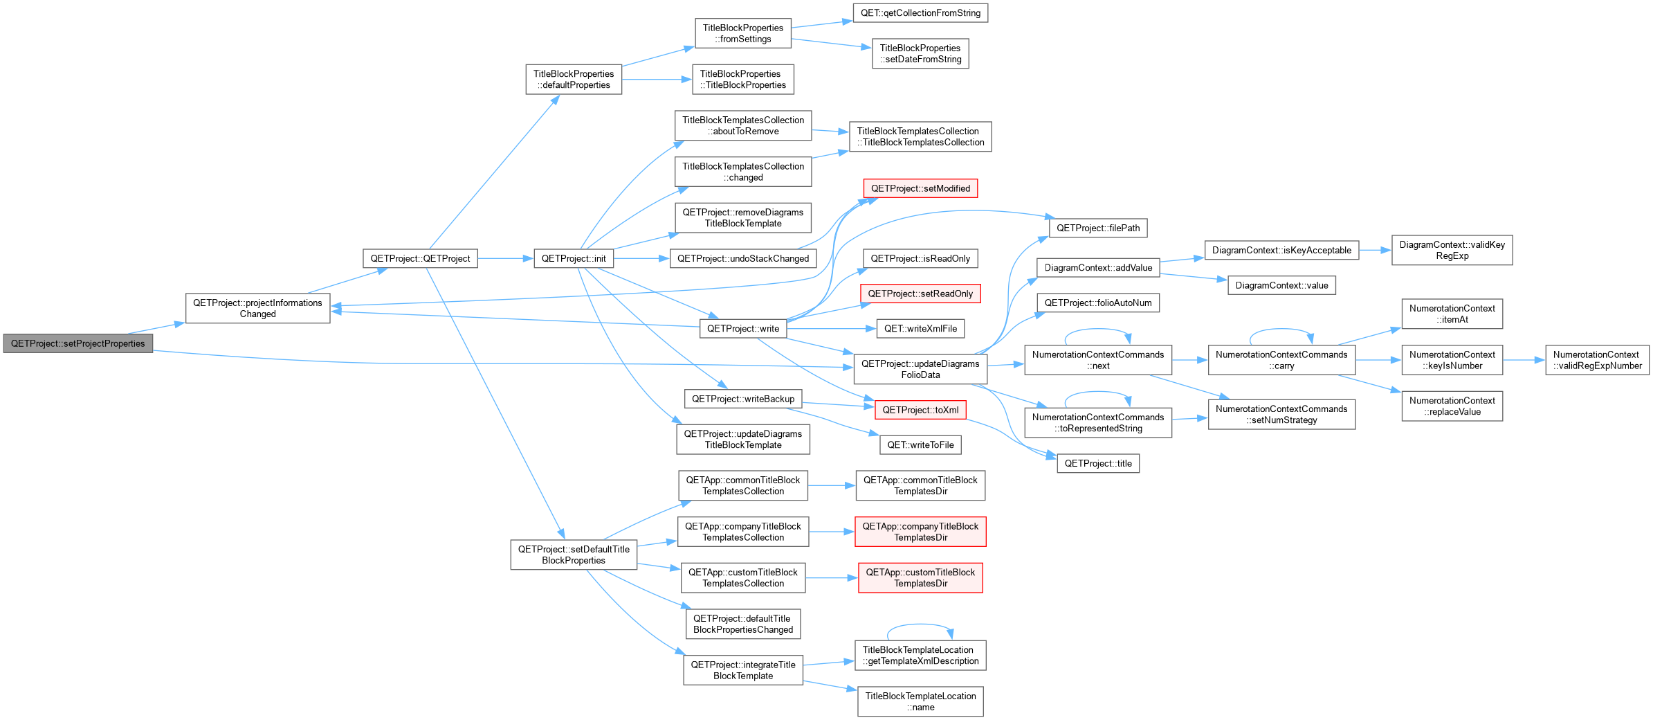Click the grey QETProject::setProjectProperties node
[77, 343]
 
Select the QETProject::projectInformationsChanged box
[257, 308]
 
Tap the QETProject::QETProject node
[420, 259]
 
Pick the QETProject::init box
[574, 259]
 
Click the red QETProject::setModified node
[920, 188]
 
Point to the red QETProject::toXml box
[920, 410]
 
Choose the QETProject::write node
[743, 329]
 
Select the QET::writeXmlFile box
[920, 329]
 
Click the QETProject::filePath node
[1098, 228]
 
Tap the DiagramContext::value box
[1281, 285]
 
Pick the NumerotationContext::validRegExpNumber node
[1597, 360]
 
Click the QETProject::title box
[1098, 464]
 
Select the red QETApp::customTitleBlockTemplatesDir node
[920, 578]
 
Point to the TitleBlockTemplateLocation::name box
[920, 701]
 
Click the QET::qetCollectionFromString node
[920, 13]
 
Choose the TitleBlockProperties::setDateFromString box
[920, 53]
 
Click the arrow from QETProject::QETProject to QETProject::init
[506, 259]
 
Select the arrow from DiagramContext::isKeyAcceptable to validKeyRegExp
[1375, 251]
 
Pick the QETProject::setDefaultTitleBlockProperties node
[574, 555]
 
